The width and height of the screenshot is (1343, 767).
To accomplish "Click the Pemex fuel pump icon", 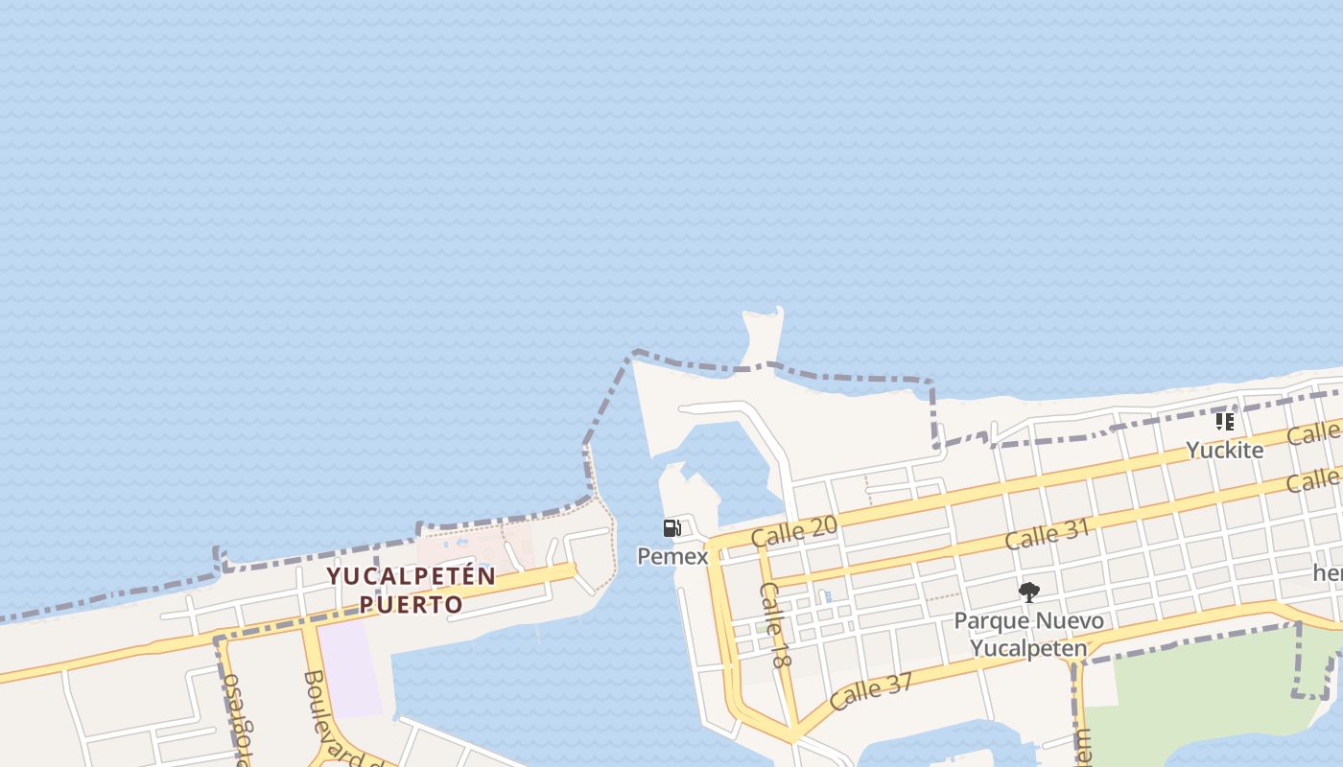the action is click(671, 528).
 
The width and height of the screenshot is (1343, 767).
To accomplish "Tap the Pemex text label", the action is click(672, 556).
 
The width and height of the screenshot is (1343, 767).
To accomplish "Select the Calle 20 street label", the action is click(794, 530).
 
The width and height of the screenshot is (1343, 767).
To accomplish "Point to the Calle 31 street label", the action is click(1048, 535).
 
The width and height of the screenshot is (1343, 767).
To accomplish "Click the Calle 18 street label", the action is click(775, 624).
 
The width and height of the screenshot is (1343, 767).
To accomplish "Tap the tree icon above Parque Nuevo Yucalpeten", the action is click(1029, 592).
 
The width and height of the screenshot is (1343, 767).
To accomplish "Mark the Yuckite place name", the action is click(1224, 450).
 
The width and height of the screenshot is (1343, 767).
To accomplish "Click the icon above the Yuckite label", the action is click(1224, 421).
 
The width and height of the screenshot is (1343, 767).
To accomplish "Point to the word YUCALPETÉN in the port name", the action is click(412, 577).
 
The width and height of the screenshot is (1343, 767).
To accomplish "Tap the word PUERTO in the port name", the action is click(412, 605).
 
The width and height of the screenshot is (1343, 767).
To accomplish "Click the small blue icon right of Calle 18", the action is click(827, 596).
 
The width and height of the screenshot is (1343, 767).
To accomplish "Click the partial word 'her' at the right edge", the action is click(1328, 573).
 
